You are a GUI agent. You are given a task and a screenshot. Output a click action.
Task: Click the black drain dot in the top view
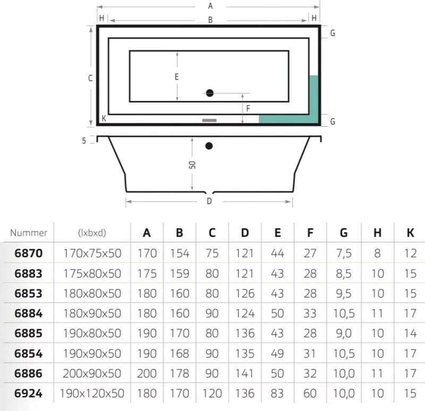pos(210,93)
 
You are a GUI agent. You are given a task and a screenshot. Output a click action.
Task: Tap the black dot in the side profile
pos(209,146)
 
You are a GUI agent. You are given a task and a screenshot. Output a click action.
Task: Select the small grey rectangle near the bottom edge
pos(209,121)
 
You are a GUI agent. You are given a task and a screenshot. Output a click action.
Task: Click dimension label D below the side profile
pos(209,201)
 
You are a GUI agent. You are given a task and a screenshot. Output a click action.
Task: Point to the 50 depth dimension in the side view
pos(192,165)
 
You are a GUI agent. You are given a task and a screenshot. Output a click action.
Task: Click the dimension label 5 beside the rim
pos(84,141)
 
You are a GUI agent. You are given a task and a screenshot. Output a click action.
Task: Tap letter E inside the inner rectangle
pos(177,77)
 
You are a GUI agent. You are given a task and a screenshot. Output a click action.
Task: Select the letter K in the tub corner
pos(104,118)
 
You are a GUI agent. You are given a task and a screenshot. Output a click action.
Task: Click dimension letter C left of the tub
pos(90,78)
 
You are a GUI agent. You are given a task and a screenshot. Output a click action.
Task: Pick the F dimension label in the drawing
pos(248,109)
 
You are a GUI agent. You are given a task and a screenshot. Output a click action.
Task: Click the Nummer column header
pos(29,233)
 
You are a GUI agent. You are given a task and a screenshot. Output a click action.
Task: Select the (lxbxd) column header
pos(92,233)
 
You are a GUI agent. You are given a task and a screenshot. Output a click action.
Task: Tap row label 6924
pos(29,393)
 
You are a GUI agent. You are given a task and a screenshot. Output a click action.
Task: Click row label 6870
pos(29,253)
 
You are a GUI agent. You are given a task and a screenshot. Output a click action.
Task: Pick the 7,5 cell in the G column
pos(344,253)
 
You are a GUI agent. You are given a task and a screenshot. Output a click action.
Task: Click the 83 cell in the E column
pos(277,393)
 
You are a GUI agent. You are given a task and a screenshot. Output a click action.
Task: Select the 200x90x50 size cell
pos(92,374)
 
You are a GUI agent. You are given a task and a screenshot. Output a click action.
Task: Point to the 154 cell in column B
pos(180,253)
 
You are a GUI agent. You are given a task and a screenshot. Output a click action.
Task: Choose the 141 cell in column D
pos(245,374)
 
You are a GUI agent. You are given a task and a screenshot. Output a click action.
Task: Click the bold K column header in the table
pos(410,233)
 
